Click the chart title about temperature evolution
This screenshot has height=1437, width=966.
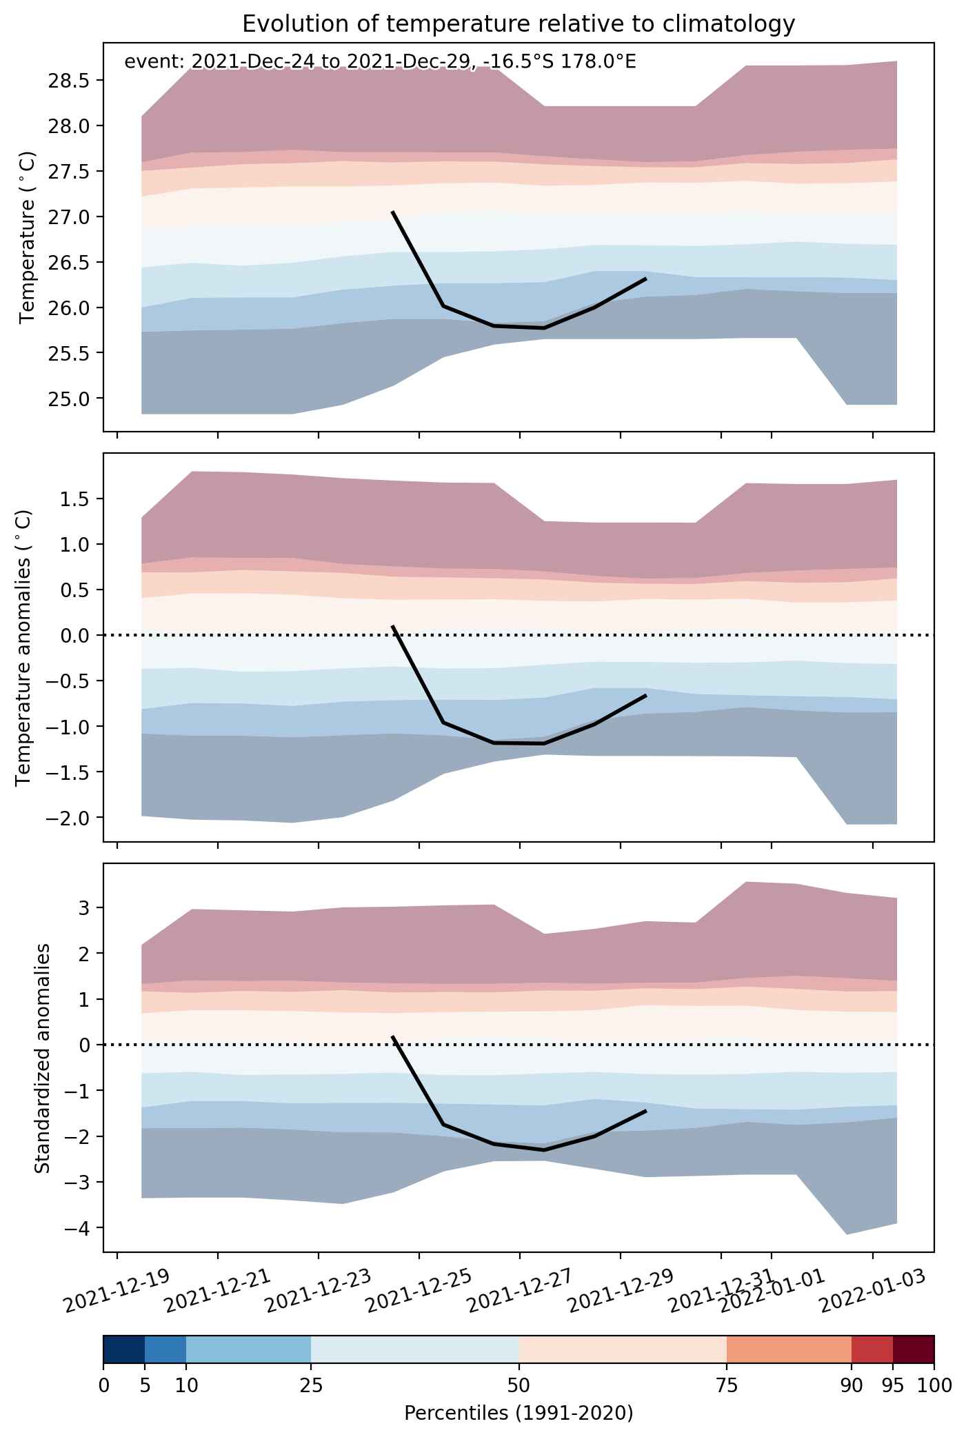click(519, 24)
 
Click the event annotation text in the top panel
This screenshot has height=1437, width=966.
click(380, 62)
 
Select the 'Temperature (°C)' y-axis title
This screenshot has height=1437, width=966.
click(28, 237)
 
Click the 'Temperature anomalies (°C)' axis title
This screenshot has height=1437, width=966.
click(23, 647)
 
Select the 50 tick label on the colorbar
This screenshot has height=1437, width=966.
click(519, 1386)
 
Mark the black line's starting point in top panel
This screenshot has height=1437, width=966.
click(392, 212)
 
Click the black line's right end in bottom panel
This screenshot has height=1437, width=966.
click(645, 1111)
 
